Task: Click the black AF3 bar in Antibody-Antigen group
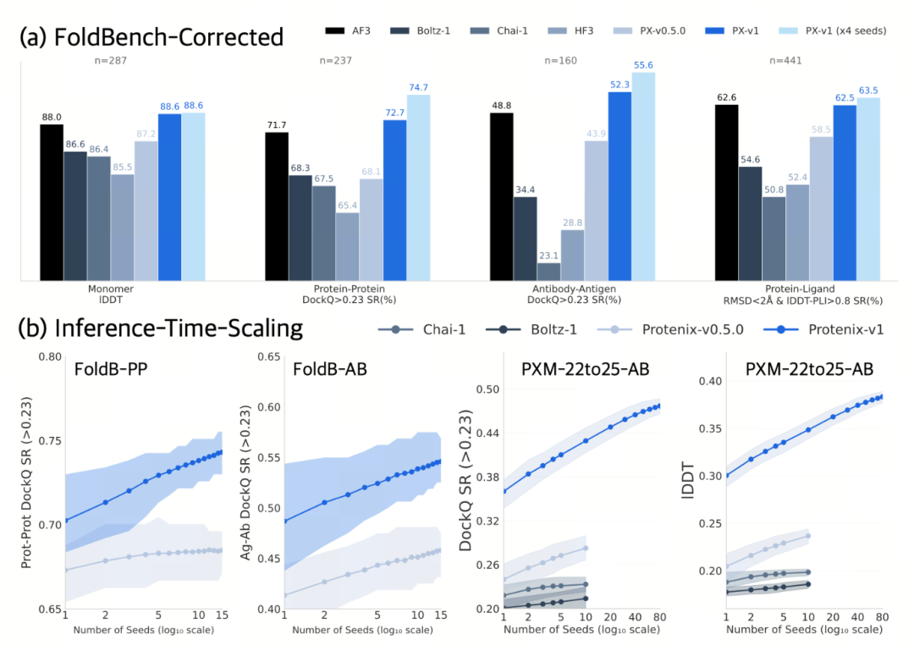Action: (502, 196)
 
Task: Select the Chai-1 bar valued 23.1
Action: (548, 271)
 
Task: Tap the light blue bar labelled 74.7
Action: (418, 187)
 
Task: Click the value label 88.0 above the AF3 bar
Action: (52, 117)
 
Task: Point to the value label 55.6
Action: (643, 64)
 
